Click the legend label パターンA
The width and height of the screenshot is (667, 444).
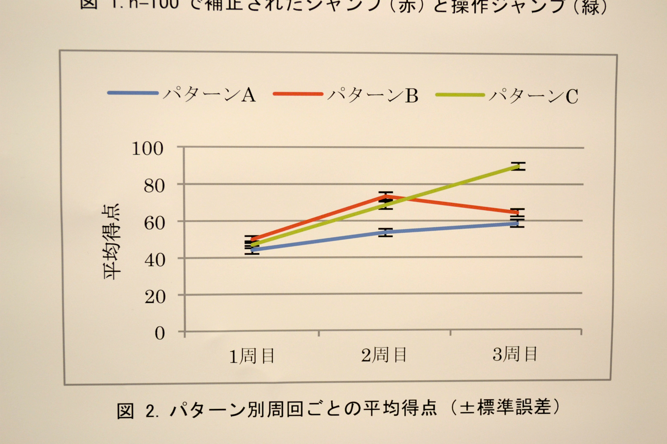click(x=209, y=94)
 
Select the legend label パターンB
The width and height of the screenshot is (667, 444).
click(x=373, y=95)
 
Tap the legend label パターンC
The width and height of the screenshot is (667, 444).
click(x=534, y=96)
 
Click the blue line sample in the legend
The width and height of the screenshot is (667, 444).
click(x=132, y=93)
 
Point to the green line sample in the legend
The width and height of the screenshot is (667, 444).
click(x=460, y=95)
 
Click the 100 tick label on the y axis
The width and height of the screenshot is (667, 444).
click(x=148, y=149)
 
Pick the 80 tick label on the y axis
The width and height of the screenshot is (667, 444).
click(x=154, y=186)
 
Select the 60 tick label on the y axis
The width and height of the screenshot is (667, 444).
click(x=154, y=223)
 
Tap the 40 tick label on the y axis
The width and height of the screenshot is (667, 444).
click(x=155, y=260)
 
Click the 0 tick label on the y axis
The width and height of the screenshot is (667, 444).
click(x=160, y=333)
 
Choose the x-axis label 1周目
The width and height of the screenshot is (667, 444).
click(x=252, y=356)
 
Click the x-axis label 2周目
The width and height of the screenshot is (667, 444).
click(x=384, y=355)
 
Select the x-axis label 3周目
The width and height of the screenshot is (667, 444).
click(x=515, y=354)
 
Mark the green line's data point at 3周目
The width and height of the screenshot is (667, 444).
click(x=518, y=166)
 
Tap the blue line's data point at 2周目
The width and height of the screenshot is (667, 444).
click(x=385, y=232)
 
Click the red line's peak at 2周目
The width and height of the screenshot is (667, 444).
click(x=385, y=196)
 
